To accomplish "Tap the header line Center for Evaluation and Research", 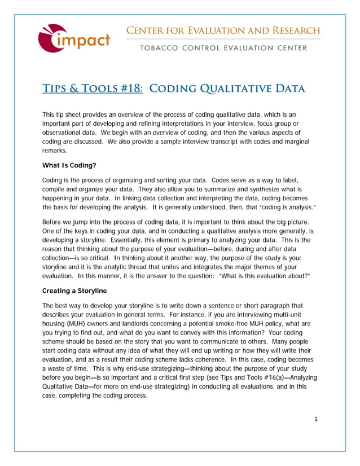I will [x=223, y=30].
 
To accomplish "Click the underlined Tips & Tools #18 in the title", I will [x=93, y=89].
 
